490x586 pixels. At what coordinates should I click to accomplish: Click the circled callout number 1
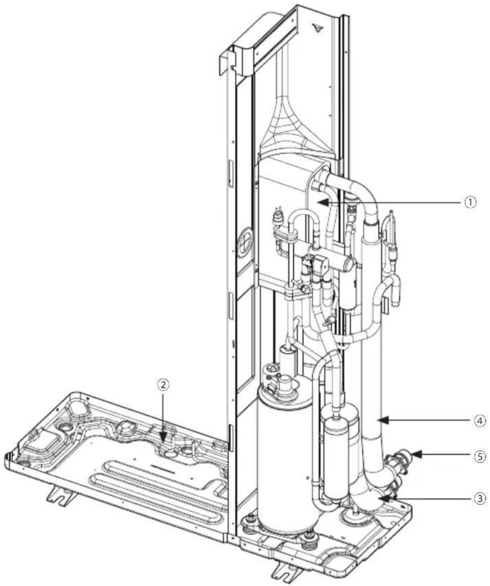(x=470, y=203)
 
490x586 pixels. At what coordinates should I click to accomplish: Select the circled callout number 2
(x=163, y=384)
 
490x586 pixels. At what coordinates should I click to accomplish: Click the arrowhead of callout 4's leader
(x=384, y=421)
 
